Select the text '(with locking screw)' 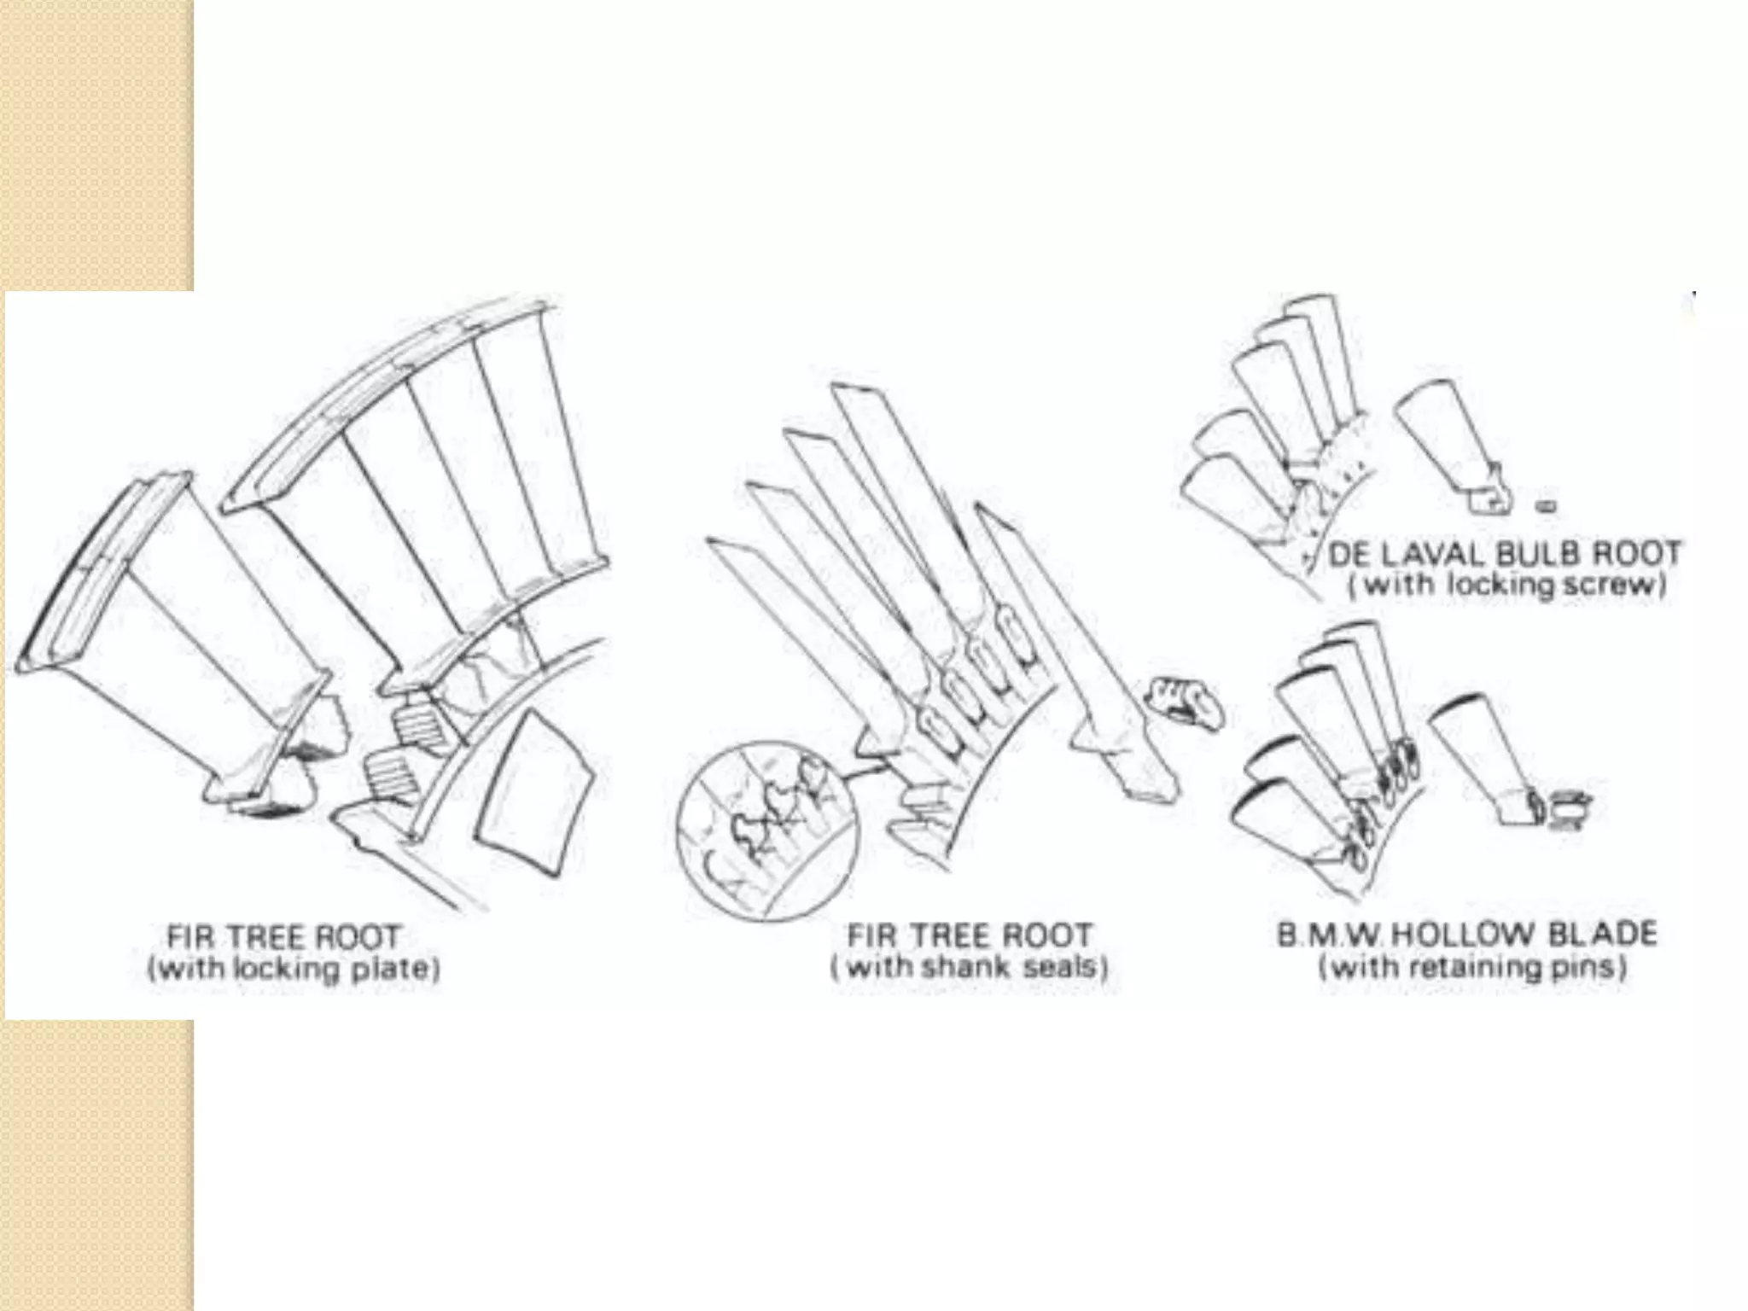1506,586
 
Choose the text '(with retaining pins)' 1472,967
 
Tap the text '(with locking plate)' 294,969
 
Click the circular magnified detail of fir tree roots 766,831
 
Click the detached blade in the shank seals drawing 1075,649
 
